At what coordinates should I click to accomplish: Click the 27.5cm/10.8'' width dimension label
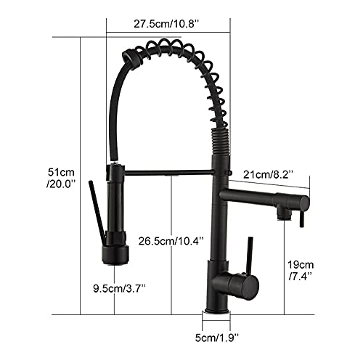pyautogui.click(x=166, y=24)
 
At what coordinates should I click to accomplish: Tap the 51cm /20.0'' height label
pyautogui.click(x=61, y=179)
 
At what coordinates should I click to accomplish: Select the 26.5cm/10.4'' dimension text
pyautogui.click(x=171, y=241)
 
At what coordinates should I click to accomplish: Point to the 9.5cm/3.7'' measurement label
pyautogui.click(x=120, y=288)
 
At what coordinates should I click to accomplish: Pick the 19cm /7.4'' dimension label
pyautogui.click(x=301, y=270)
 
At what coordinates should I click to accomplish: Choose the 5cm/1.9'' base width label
pyautogui.click(x=217, y=338)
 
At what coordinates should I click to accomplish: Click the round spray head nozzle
pyautogui.click(x=115, y=256)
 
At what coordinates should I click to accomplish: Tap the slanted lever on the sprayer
pyautogui.click(x=97, y=212)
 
